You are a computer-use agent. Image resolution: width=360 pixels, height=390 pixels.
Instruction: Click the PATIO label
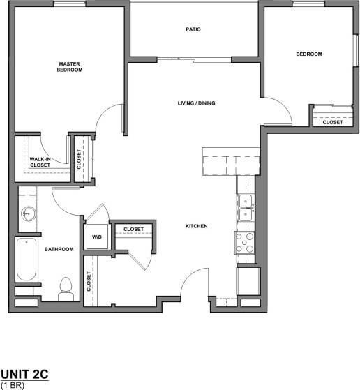(193, 29)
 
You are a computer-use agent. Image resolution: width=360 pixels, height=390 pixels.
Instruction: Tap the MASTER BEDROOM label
(70, 67)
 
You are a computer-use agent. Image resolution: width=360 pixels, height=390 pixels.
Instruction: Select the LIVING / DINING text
(196, 103)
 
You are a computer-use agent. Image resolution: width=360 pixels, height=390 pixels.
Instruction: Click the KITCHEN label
(195, 226)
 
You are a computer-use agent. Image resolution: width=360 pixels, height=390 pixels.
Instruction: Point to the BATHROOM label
(59, 249)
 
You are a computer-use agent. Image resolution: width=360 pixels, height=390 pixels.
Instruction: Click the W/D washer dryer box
(96, 237)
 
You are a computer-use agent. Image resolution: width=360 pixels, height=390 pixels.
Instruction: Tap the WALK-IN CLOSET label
(40, 163)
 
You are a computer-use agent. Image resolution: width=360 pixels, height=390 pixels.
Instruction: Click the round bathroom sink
(29, 213)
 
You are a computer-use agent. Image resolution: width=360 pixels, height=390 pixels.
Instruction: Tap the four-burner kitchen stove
(247, 242)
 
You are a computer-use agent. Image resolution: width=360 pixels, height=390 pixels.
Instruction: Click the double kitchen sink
(247, 208)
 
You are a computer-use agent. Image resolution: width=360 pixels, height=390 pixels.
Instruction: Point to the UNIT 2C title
(24, 374)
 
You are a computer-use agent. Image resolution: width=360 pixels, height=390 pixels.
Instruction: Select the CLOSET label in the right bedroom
(332, 122)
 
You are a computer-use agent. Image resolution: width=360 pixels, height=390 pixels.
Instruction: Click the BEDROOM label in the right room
(308, 54)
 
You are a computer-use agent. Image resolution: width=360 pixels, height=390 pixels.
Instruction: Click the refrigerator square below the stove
(248, 280)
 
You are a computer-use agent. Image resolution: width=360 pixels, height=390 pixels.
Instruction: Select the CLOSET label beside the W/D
(133, 229)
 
